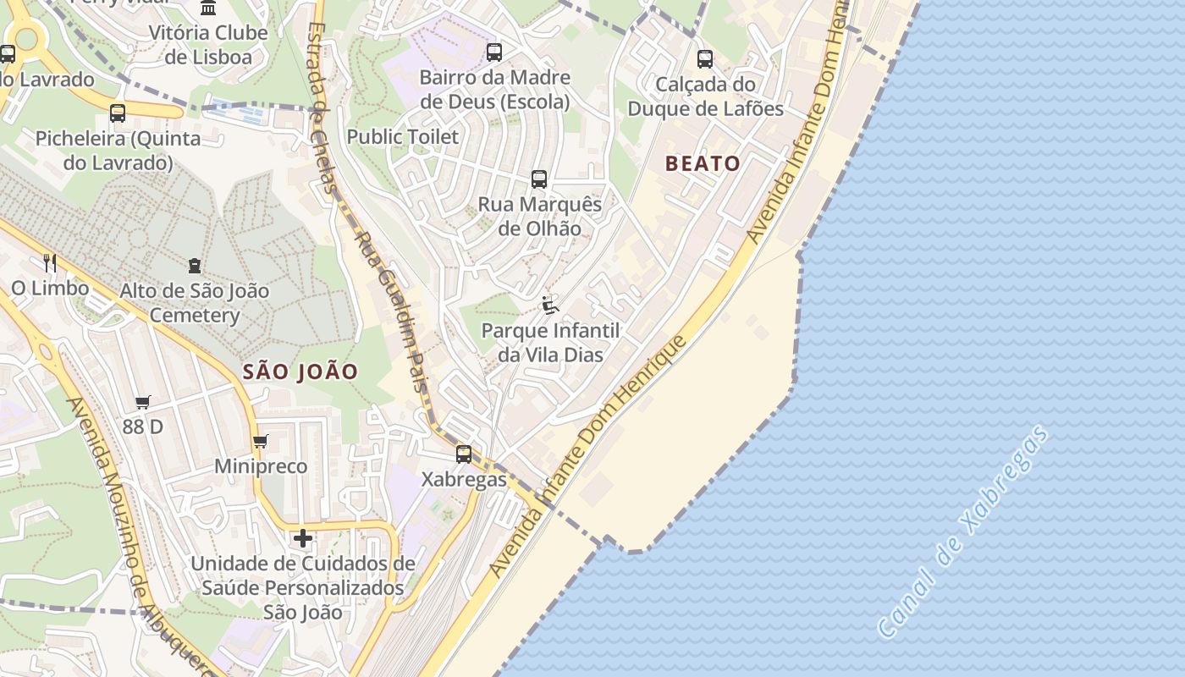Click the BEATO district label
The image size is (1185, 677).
coord(703,163)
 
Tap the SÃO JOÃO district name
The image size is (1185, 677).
coord(300,372)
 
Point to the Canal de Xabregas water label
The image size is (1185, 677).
coord(965,531)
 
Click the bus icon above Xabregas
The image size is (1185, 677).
coord(464,454)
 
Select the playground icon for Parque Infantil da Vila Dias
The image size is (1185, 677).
coord(550,305)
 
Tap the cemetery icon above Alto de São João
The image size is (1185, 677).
coord(196,266)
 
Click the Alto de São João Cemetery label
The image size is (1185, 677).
coord(195,303)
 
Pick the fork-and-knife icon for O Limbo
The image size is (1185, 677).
coord(50,263)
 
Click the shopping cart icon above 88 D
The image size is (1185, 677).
coord(142,403)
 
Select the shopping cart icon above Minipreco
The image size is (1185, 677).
coord(261,442)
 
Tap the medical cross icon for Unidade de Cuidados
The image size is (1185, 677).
coord(303,538)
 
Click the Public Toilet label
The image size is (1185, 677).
coord(403,136)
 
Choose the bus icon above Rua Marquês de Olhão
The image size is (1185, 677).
coord(539,179)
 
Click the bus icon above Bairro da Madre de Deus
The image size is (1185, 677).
coord(494,52)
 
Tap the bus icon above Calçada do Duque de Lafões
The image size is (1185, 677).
coord(705,59)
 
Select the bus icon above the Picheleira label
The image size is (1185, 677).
coord(118,113)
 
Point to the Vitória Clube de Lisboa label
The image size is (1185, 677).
coord(208,45)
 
